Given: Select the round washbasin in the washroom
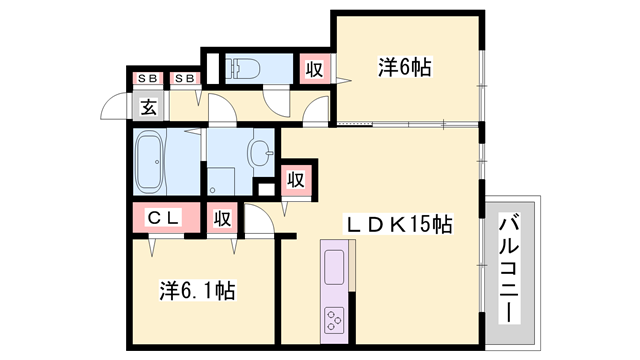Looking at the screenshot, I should [259, 154].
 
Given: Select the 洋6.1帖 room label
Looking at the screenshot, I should [198, 291].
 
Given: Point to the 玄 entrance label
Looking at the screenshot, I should [148, 107].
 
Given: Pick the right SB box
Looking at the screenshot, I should [183, 78].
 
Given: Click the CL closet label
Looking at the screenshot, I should [166, 217].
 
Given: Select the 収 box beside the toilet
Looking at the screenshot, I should [314, 69].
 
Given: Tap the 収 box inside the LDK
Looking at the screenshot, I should [296, 180].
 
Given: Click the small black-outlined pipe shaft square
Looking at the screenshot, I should [265, 188].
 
